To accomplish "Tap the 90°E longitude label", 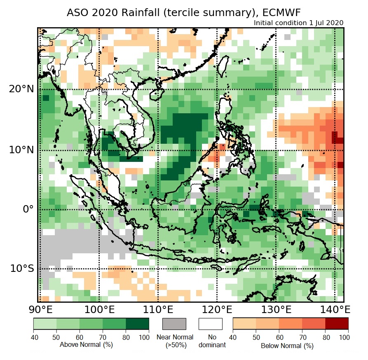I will (x=40, y=309).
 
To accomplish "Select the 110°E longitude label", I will (x=158, y=309).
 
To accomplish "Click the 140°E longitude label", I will (x=334, y=309).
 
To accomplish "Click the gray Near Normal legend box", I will (x=174, y=324).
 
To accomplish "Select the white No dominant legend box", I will (x=210, y=324).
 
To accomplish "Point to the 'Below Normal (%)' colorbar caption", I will (x=287, y=346).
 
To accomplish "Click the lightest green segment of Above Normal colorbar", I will (x=45, y=324).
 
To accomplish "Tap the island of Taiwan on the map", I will (x=223, y=66).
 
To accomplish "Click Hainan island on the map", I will (x=156, y=95).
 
